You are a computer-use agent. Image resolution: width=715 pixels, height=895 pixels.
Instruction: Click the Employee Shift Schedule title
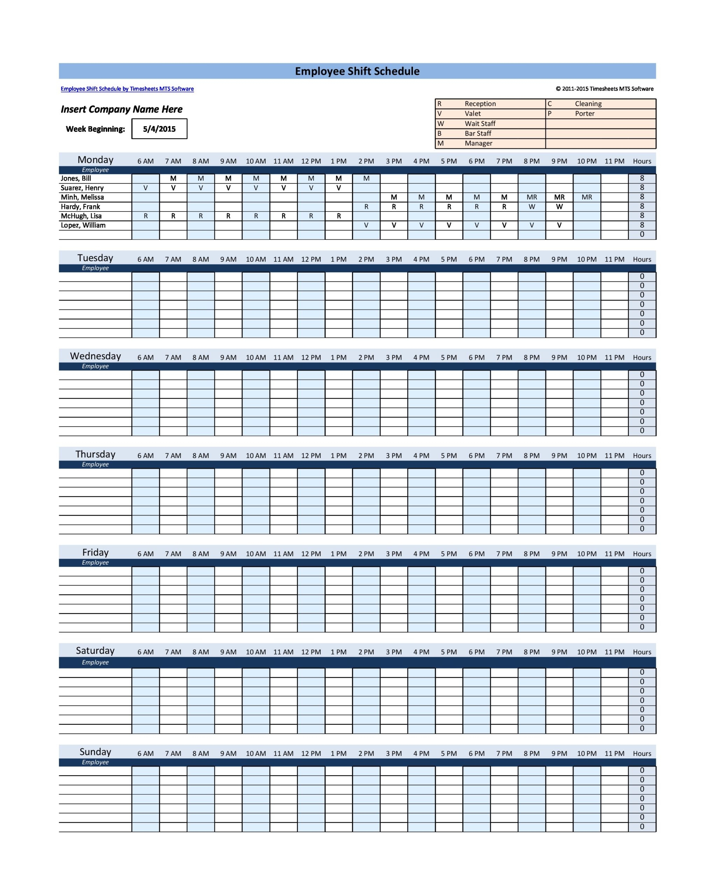tap(357, 71)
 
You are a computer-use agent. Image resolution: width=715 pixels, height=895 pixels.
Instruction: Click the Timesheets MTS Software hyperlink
tap(127, 89)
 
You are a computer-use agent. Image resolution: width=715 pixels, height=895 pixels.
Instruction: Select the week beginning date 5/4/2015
tap(159, 129)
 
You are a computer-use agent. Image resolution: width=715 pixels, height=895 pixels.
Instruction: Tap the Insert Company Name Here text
tap(121, 109)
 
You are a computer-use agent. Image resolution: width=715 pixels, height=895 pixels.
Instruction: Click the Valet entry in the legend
tap(472, 114)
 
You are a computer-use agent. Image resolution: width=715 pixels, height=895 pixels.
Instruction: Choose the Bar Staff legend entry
tap(477, 134)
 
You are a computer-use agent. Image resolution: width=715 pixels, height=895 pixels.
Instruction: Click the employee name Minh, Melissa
tap(82, 197)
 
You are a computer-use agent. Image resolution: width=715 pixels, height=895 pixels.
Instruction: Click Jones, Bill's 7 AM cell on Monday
tap(173, 179)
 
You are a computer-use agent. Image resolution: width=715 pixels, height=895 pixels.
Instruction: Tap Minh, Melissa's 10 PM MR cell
tap(587, 197)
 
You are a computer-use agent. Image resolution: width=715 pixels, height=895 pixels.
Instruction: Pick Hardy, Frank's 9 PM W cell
tap(559, 207)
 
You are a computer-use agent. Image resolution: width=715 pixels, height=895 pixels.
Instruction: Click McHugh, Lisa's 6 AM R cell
tap(145, 216)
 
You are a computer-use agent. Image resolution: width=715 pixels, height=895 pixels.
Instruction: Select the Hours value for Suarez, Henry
tap(642, 188)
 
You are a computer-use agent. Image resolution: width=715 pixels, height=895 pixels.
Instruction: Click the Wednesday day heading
tap(96, 356)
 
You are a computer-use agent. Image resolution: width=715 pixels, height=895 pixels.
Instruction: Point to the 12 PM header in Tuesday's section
tap(311, 259)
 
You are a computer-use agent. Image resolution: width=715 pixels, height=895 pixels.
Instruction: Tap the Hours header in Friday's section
tap(642, 554)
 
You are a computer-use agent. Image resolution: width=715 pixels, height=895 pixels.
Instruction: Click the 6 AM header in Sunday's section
tap(145, 753)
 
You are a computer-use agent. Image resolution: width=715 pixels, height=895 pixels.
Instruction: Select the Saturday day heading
tap(95, 651)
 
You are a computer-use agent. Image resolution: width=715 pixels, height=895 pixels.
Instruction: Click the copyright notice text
tap(604, 89)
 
